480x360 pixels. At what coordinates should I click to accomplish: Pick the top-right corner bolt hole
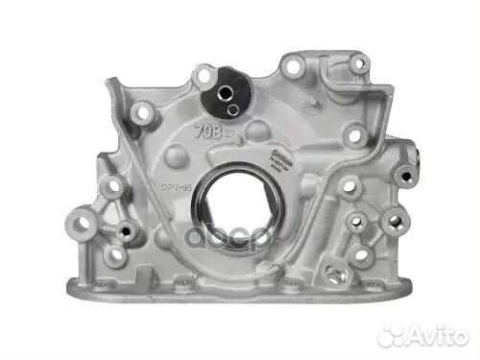pos(358,65)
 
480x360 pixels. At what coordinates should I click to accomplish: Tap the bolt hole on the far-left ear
pos(80,224)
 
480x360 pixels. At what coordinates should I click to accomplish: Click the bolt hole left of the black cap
pos(145,113)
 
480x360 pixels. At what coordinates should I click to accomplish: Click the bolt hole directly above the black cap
pos(205,73)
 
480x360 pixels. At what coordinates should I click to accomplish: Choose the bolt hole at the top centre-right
pos(293,67)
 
